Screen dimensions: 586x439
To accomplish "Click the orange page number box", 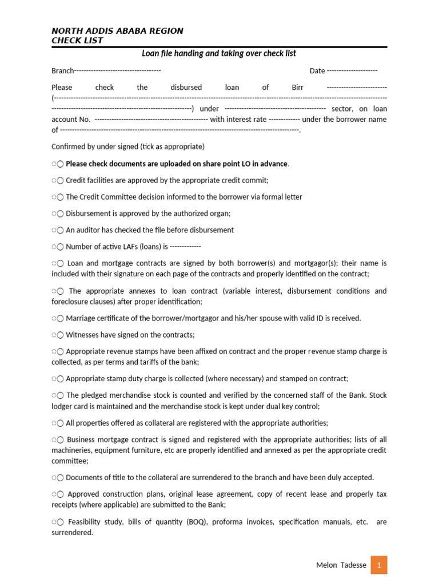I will coord(378,565).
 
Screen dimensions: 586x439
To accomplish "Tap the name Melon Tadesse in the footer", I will coord(341,565).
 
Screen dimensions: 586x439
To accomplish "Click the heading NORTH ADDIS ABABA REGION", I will coord(117,31).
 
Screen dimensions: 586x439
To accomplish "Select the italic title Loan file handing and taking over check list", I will coord(219,54).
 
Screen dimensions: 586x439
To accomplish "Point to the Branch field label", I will coord(62,71).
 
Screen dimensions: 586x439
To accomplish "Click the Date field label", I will coord(317,71).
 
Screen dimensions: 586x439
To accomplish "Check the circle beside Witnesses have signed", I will coord(60,335).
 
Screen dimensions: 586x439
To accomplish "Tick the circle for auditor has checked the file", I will coord(60,230).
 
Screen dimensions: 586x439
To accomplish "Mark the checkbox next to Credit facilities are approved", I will coord(60,180).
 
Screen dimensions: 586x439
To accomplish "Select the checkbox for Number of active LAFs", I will coord(60,247).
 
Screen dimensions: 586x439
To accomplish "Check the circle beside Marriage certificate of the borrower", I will coord(60,318).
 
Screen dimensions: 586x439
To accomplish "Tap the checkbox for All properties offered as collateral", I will coord(60,423).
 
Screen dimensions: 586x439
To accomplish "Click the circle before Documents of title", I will coord(60,477).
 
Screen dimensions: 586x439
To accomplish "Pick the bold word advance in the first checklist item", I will coord(274,164).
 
